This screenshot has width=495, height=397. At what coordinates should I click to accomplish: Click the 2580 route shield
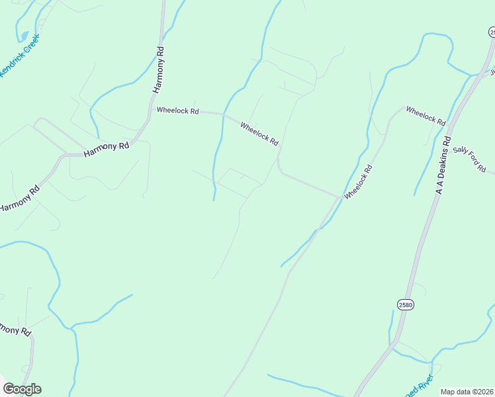tap(406, 304)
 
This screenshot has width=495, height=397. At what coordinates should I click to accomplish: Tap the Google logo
tap(22, 389)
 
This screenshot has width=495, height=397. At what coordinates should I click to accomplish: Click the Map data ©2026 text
tap(467, 392)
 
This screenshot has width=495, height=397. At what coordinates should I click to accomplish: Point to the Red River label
tap(420, 386)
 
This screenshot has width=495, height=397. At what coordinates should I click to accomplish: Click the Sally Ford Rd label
tap(470, 159)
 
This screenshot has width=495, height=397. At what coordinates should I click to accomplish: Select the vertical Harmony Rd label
tap(158, 69)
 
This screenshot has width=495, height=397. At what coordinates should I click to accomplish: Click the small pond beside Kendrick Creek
tap(24, 35)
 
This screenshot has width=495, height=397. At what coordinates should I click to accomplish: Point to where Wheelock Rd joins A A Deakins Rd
tap(449, 123)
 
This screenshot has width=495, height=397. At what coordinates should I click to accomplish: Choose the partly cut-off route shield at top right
tap(492, 32)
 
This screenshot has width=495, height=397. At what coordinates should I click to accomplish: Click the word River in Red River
tap(425, 381)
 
